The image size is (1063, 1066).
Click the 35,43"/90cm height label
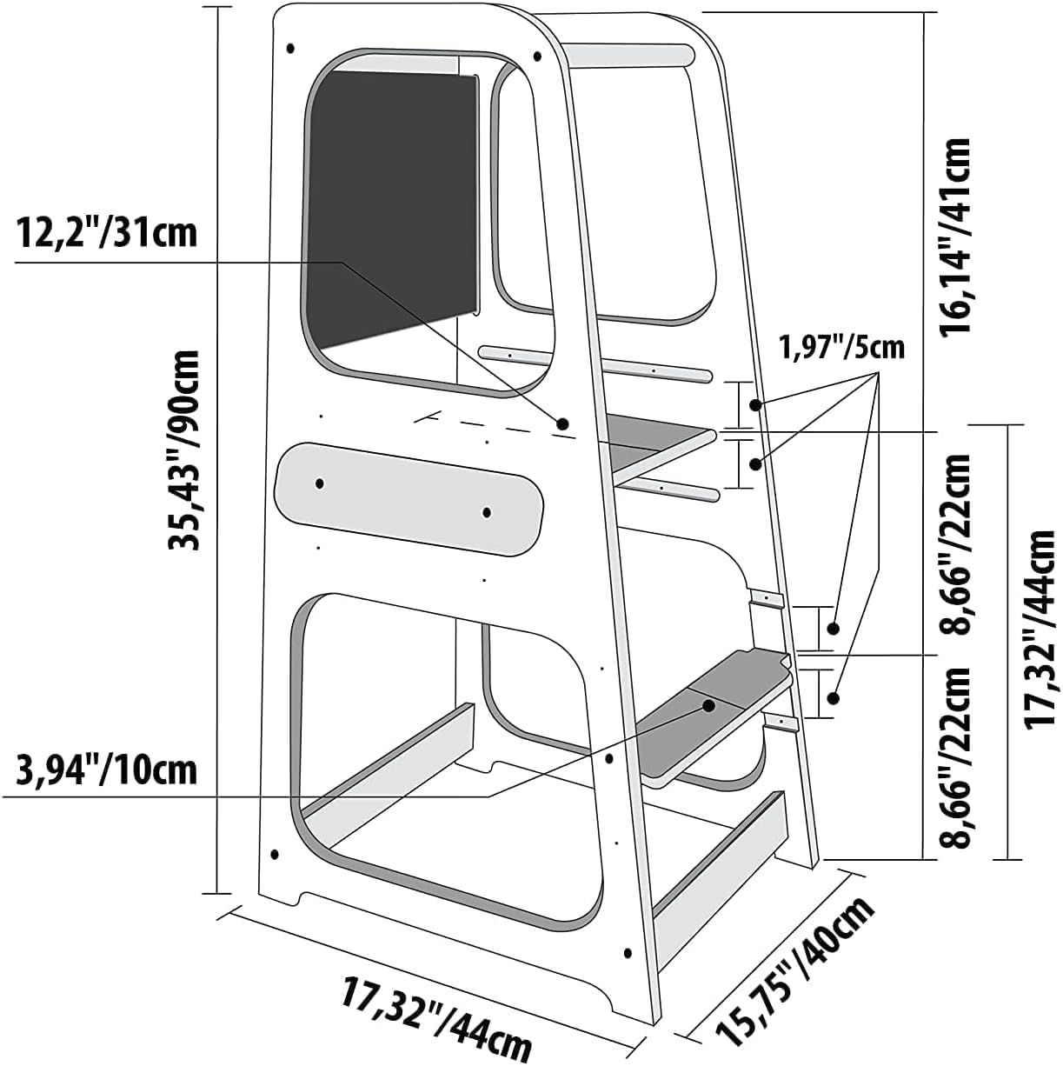184,450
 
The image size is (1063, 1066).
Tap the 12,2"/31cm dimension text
107,233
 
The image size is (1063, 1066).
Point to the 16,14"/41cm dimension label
955,235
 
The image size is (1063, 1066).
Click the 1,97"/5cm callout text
841,348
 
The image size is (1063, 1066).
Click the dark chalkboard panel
393,210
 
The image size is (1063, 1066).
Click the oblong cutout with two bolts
409,499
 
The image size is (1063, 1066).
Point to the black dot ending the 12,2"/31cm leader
562,424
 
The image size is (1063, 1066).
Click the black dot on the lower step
708,705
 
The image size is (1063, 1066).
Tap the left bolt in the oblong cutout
320,483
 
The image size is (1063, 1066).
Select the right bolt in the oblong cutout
487,513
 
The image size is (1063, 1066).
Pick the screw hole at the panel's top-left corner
291,48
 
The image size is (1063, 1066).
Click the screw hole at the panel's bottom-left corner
275,854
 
